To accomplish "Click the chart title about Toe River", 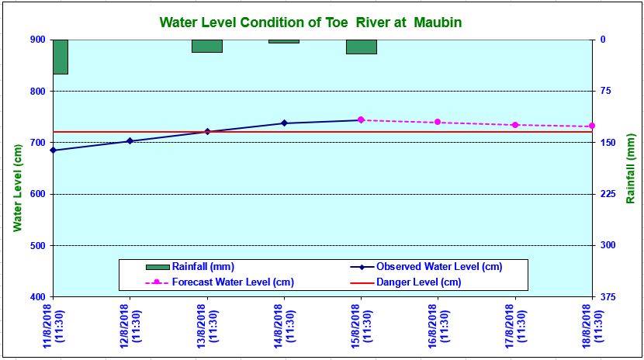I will tap(310, 22).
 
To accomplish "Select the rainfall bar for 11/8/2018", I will tap(60, 57).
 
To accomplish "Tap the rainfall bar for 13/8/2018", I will tap(207, 46).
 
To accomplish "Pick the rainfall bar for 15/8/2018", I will tap(361, 47).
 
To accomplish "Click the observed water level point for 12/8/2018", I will tap(130, 141).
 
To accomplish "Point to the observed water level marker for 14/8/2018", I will tap(284, 123).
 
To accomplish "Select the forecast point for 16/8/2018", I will tap(438, 122).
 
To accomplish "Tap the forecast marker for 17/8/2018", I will tap(515, 125).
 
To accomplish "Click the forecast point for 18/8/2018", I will tap(591, 126).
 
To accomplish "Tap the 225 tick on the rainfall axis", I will tap(606, 195).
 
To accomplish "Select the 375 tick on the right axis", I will tap(606, 297).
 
